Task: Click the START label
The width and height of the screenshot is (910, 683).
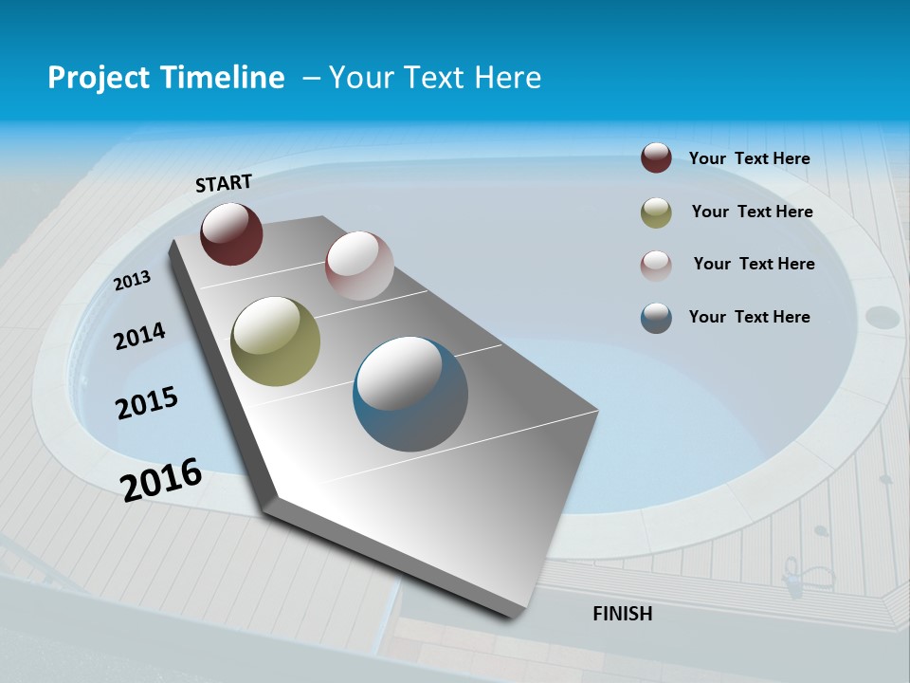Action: [224, 183]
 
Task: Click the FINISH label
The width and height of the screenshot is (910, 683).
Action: [622, 614]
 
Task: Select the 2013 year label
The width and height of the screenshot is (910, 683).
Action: [133, 280]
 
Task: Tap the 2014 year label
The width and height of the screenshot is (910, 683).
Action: [139, 336]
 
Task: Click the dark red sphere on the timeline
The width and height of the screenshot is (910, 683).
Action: [231, 233]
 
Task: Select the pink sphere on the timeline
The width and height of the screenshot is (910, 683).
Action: [359, 266]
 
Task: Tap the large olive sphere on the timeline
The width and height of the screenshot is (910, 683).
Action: [275, 341]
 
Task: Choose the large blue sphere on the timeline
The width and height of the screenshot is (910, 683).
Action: [410, 394]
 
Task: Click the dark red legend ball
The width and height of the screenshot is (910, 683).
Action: [656, 157]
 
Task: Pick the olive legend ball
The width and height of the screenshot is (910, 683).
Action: [656, 212]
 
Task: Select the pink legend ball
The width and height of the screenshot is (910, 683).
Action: [656, 266]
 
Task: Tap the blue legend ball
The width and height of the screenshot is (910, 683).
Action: [656, 318]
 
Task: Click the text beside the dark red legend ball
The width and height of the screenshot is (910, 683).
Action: [749, 158]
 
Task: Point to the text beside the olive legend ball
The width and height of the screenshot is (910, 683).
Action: [752, 212]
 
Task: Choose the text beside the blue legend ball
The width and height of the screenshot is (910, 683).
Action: [749, 317]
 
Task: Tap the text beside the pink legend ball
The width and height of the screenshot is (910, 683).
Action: [754, 264]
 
